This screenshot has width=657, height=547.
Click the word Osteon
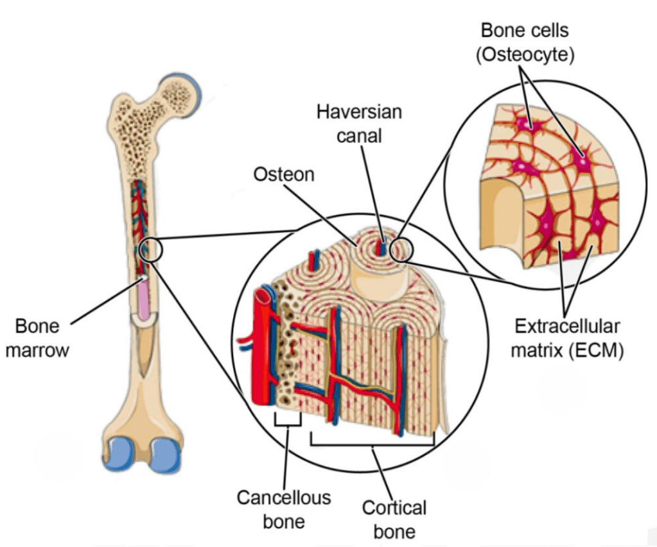coord(284,174)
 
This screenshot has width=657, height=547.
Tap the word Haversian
coord(359,112)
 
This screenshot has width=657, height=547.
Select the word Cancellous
coord(284,497)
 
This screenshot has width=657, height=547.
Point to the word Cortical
coord(394,508)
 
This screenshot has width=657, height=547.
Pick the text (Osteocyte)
coord(525,55)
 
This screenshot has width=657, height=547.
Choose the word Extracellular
coord(567,326)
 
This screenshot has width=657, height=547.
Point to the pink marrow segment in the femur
coord(143,300)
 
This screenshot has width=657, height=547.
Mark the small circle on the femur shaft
coord(150,249)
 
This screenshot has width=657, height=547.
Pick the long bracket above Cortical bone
coord(372,442)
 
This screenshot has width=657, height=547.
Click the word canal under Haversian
coord(359,135)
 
